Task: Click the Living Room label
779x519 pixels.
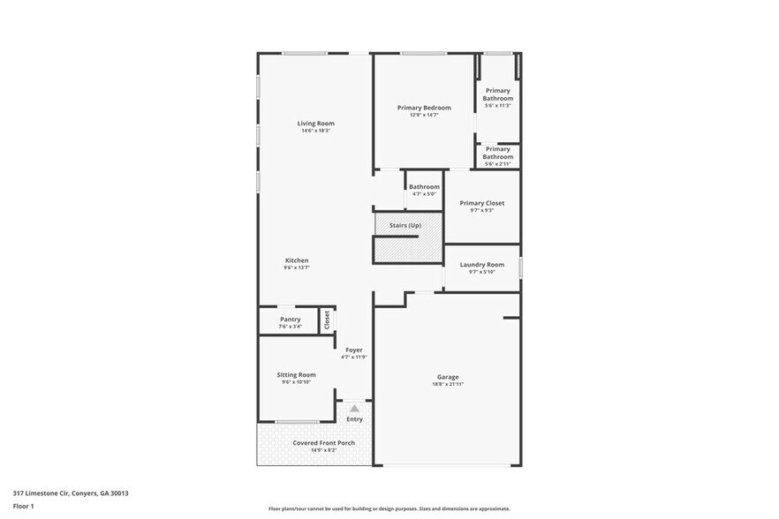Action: [315, 124]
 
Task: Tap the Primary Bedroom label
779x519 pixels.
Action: [418, 108]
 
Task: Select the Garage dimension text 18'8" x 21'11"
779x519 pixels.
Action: [448, 384]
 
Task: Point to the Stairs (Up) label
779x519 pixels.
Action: [405, 226]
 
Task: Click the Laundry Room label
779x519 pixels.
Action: [482, 265]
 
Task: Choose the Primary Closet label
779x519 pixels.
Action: [482, 203]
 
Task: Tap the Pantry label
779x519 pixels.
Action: [290, 320]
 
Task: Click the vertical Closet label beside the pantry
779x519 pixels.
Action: [327, 320]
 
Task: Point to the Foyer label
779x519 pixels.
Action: [354, 350]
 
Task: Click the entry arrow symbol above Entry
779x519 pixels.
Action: [354, 408]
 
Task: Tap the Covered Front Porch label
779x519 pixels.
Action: [323, 443]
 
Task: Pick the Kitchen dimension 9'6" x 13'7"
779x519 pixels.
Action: [297, 267]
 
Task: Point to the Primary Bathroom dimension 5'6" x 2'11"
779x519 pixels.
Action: [498, 164]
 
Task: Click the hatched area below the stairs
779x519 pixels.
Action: [406, 250]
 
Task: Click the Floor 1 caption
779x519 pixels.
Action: [23, 507]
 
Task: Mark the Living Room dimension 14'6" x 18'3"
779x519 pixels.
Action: [315, 131]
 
